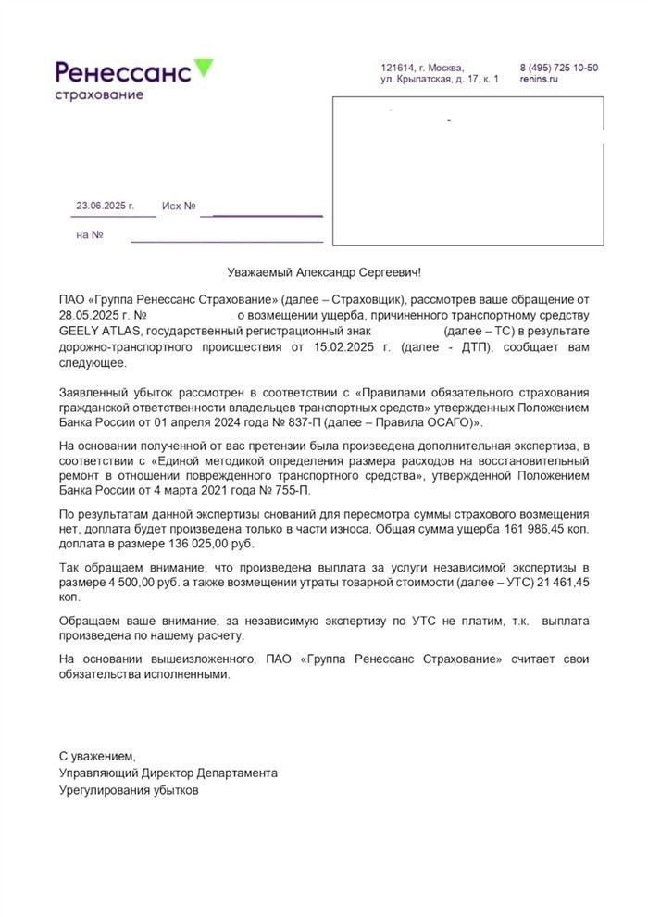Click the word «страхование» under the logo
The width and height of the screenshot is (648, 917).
pos(99,94)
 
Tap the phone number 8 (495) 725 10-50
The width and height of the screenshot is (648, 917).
pos(558,68)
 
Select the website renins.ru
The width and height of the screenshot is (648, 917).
pos(539,80)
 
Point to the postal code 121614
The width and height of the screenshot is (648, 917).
pos(396,68)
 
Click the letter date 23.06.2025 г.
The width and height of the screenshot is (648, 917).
pos(105,206)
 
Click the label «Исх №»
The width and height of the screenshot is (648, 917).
pos(179,206)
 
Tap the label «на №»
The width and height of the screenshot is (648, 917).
pos(89,234)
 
